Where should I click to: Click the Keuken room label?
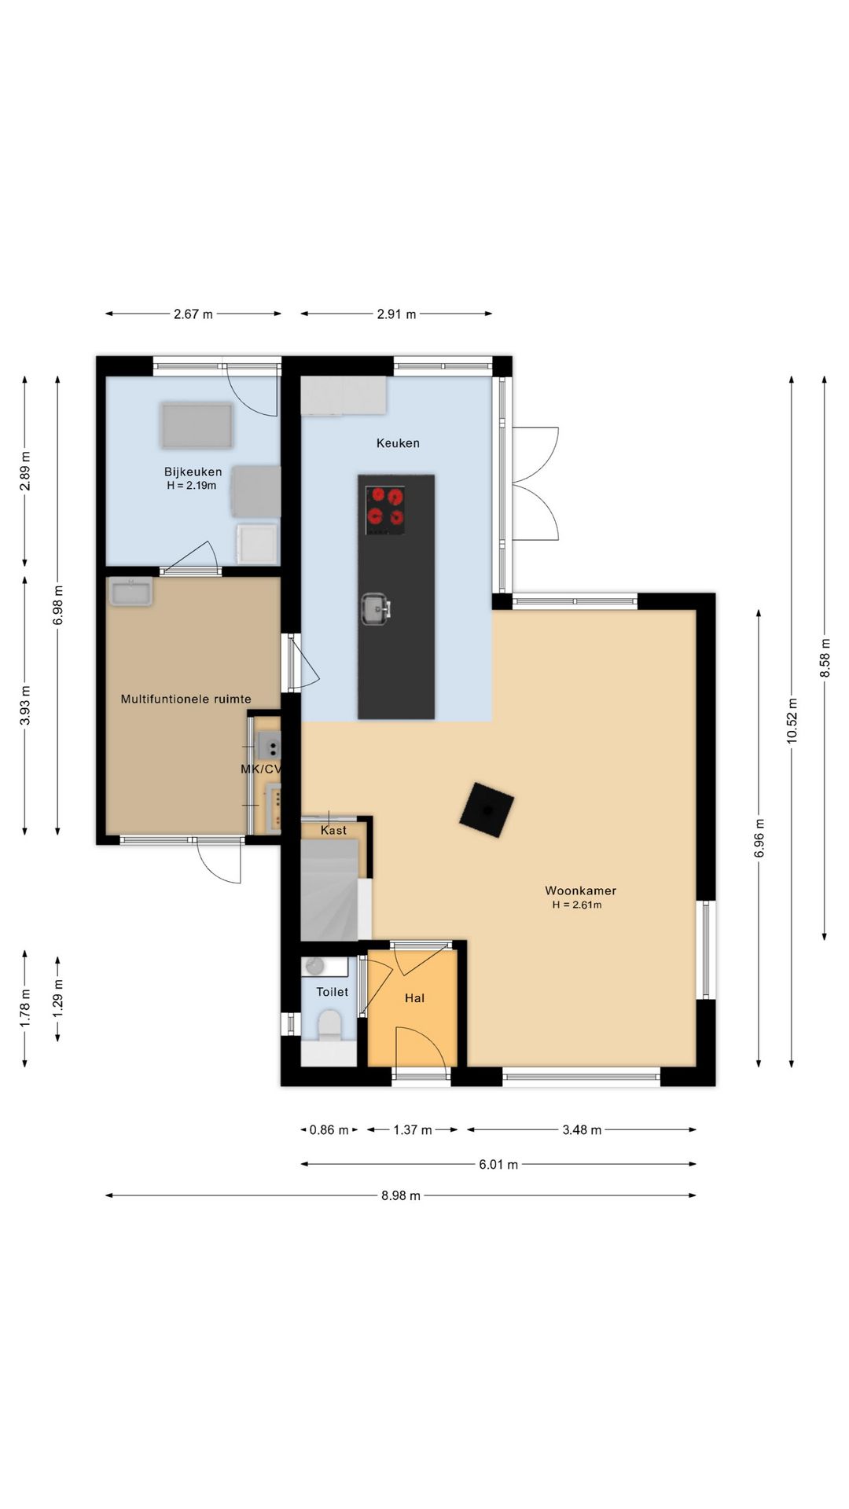tap(398, 443)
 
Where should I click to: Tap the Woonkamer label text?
tap(580, 890)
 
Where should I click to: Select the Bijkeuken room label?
tap(193, 472)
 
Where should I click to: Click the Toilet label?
tap(332, 992)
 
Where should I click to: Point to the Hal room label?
tap(414, 998)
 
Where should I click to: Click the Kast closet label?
tap(333, 830)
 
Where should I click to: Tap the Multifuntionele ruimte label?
tap(186, 699)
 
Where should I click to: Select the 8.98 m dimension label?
tap(401, 1196)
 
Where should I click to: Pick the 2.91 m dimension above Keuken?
tap(396, 314)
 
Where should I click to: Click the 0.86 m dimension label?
tap(329, 1130)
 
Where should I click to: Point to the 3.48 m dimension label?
tap(582, 1130)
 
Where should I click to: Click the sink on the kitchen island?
tap(376, 608)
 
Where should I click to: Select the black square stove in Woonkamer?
tap(487, 810)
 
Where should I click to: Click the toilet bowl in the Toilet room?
tap(329, 1025)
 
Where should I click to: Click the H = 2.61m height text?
tap(577, 905)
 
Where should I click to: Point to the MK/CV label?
tap(260, 769)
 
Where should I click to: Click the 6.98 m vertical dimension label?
tap(57, 605)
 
